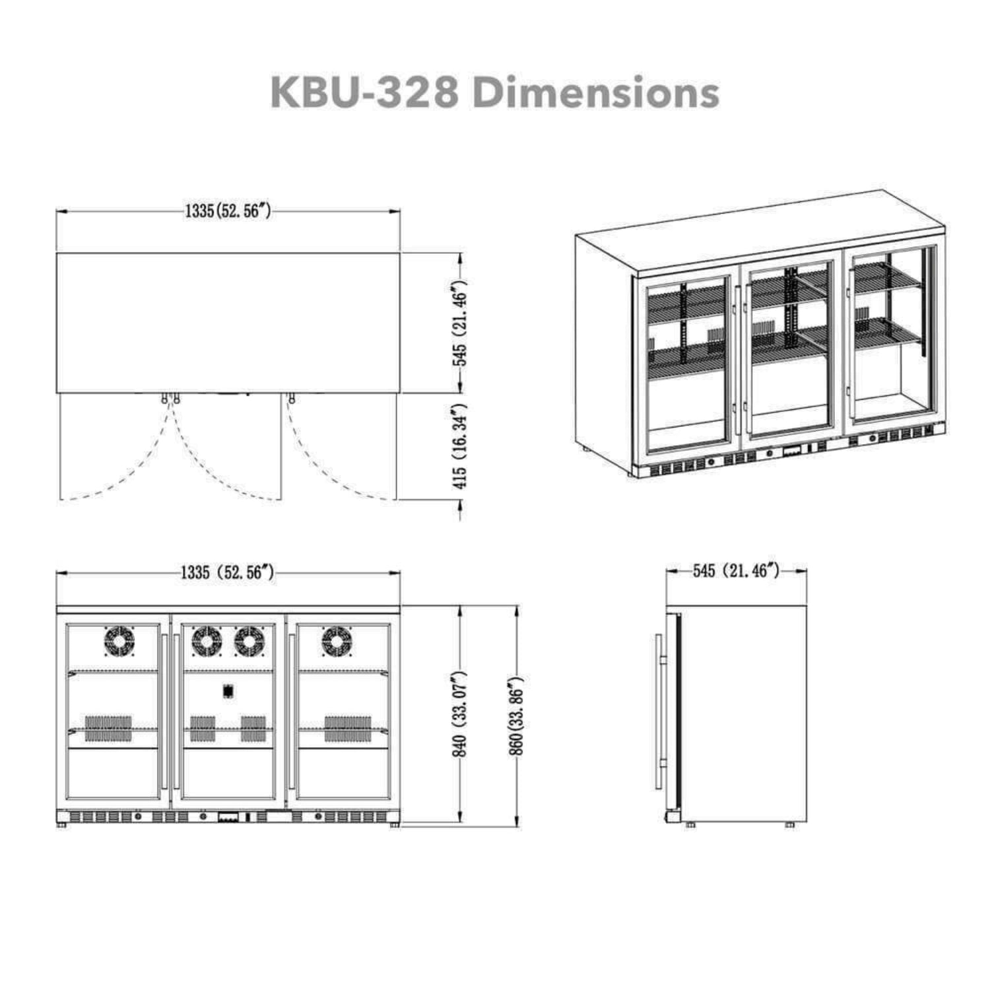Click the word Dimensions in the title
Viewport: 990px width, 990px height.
click(596, 92)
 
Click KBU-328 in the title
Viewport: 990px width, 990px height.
click(364, 92)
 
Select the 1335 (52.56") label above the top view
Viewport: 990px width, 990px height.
click(228, 211)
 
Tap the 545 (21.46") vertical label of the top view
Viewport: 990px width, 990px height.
click(460, 323)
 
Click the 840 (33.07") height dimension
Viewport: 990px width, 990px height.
click(460, 713)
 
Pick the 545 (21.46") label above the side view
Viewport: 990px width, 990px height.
click(736, 570)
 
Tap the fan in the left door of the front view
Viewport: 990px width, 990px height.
click(119, 641)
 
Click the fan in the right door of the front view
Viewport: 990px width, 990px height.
click(337, 641)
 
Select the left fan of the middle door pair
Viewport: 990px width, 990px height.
click(207, 641)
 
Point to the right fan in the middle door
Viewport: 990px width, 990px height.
click(249, 641)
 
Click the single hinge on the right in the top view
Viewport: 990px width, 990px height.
click(291, 399)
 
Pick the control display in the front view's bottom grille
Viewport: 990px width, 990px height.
click(228, 817)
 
